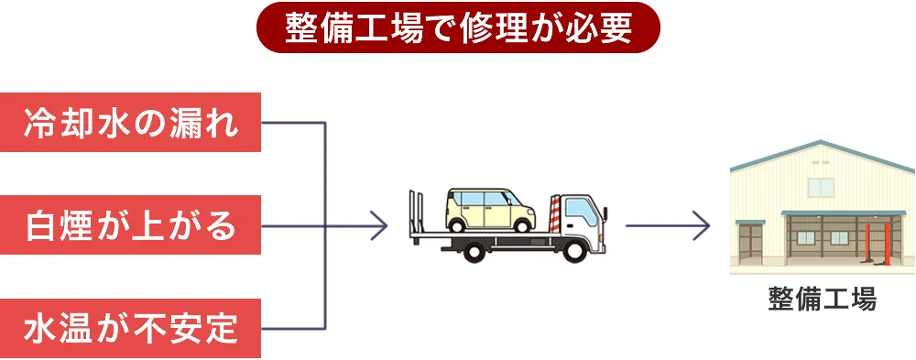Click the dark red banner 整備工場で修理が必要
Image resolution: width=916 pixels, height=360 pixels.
point(458,27)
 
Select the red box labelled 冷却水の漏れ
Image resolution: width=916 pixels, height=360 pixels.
point(131,122)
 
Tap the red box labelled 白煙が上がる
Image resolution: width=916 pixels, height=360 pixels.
point(131,224)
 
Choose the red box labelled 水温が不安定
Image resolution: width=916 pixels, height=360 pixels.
point(131,327)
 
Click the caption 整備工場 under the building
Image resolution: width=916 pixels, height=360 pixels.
point(823,300)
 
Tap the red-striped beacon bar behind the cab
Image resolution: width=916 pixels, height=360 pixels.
point(553,211)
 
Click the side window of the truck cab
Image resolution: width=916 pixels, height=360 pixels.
point(578,211)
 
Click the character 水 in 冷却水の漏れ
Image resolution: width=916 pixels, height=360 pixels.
point(131,122)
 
